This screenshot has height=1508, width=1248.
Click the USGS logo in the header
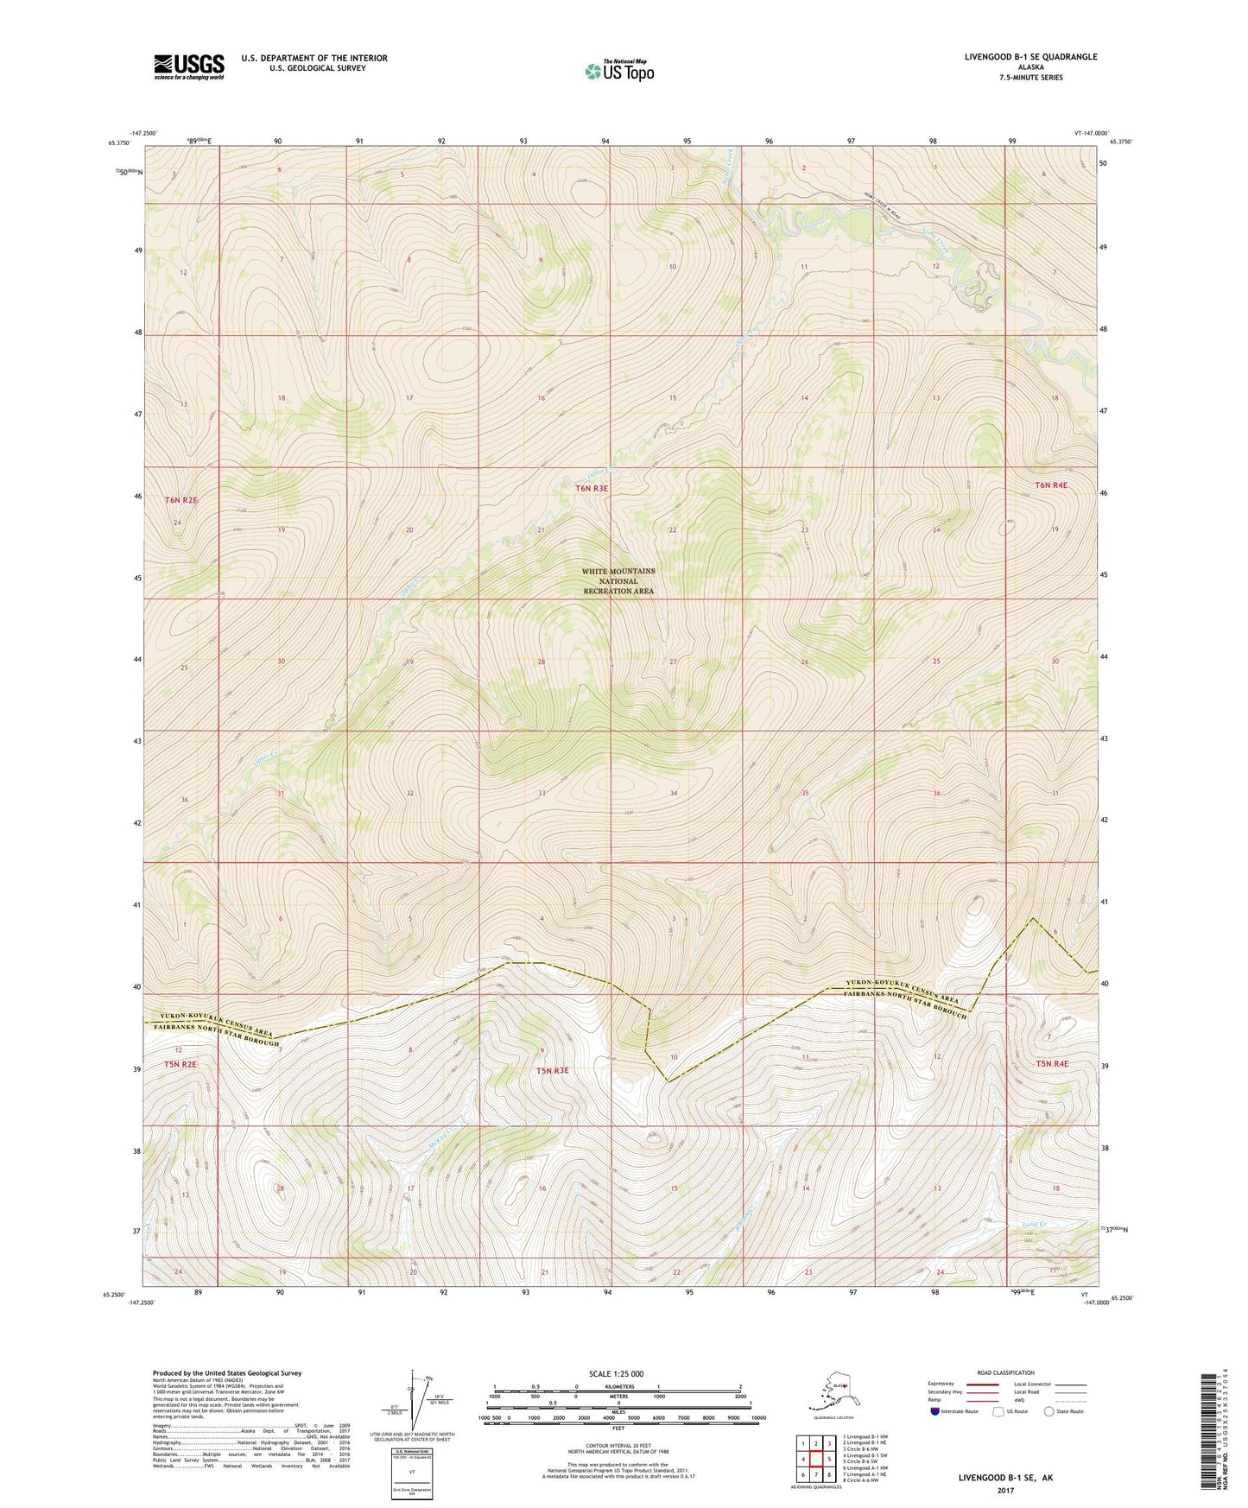[188, 67]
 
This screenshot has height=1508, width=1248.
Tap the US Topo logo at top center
[618, 71]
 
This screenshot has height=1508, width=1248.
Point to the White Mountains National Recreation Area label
[618, 581]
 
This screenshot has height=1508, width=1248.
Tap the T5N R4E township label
[1051, 1064]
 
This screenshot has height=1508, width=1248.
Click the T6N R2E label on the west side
[181, 500]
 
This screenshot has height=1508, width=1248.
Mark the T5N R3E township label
[553, 1071]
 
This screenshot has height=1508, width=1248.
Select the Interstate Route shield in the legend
[935, 1411]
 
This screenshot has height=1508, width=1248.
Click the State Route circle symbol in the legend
[1049, 1411]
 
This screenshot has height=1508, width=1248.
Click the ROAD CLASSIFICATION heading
[1005, 1372]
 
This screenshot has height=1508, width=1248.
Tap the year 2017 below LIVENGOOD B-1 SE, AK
[1004, 1490]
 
